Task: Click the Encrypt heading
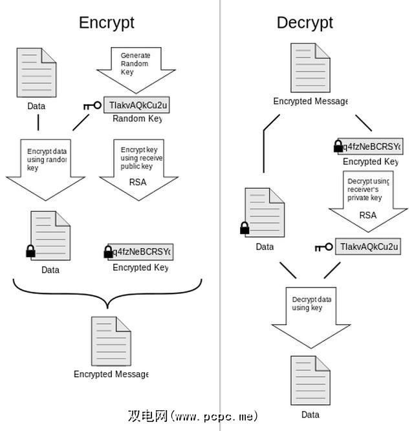click(107, 23)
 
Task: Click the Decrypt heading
click(305, 23)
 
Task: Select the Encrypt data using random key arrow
click(46, 165)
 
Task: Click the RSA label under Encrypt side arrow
click(138, 182)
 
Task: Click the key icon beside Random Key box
click(93, 105)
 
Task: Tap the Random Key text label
click(137, 119)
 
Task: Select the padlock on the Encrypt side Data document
click(30, 251)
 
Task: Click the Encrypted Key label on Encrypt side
click(140, 268)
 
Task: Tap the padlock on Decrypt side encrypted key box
click(338, 146)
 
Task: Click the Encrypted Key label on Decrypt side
click(371, 162)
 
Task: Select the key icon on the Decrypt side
click(324, 247)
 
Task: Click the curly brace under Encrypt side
click(107, 294)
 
